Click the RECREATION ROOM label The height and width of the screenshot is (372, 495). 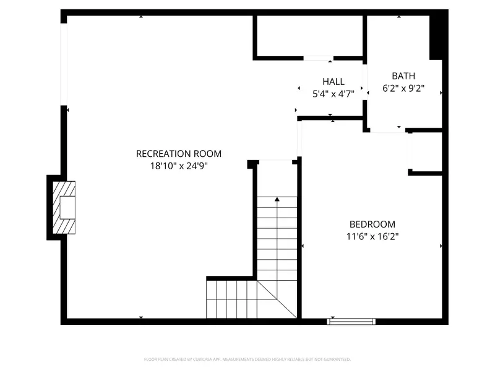(178, 154)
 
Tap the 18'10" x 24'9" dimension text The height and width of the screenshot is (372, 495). (178, 166)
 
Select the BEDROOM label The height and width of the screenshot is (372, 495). (372, 224)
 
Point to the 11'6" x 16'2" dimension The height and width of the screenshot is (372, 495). (372, 236)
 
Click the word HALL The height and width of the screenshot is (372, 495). (333, 82)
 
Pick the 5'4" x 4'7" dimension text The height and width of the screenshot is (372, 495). (333, 94)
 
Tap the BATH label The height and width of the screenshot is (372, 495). (403, 76)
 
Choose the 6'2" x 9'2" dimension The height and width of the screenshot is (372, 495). (403, 89)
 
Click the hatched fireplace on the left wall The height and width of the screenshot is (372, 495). (63, 207)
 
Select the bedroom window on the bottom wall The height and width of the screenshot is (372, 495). (351, 321)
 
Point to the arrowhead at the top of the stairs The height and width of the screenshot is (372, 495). (277, 200)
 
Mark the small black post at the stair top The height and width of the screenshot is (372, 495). (252, 164)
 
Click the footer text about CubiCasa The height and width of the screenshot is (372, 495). (247, 359)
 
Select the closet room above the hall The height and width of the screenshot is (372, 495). (309, 37)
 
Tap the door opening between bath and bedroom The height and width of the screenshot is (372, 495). (387, 131)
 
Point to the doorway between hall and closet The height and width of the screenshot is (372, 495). (318, 58)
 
